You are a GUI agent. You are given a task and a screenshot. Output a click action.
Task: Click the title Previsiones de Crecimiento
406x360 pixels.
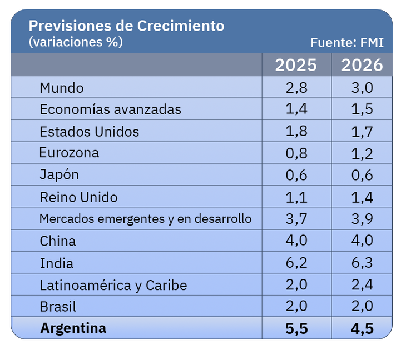(126, 26)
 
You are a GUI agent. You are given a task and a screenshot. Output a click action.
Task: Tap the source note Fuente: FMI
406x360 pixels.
(347, 43)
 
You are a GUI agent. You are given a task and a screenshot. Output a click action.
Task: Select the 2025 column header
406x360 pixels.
(296, 65)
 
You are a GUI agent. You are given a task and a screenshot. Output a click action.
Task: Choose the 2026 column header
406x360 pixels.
(362, 65)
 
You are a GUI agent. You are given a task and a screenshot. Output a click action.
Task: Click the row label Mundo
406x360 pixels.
(62, 88)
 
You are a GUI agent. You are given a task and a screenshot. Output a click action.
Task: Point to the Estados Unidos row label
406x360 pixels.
(89, 132)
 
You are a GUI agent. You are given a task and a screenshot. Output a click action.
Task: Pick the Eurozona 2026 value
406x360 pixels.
(362, 154)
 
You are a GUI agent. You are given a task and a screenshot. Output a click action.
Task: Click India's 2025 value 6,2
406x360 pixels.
(296, 263)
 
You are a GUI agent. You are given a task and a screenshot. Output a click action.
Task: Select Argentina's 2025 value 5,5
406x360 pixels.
(296, 328)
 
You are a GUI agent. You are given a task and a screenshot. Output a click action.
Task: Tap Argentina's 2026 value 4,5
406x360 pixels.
(362, 328)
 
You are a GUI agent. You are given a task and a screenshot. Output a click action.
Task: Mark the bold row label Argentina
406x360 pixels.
(73, 328)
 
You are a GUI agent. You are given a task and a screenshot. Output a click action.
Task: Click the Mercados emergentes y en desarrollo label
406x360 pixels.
(145, 219)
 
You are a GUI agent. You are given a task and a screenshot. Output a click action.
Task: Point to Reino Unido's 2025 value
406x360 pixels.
(296, 198)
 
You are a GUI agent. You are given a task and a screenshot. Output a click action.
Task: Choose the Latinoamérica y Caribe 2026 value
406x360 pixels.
(362, 286)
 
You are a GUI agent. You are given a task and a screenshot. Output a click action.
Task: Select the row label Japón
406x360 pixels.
(59, 174)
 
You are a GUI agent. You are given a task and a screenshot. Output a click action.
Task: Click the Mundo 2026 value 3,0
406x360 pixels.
(362, 88)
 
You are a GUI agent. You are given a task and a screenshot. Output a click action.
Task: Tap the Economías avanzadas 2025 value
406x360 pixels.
(296, 109)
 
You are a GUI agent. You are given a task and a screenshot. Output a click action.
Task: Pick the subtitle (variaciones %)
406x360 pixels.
(75, 42)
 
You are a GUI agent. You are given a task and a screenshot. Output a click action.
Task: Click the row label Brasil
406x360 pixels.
(58, 307)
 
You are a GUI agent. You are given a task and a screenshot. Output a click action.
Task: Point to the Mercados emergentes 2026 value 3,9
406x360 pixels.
(362, 219)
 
